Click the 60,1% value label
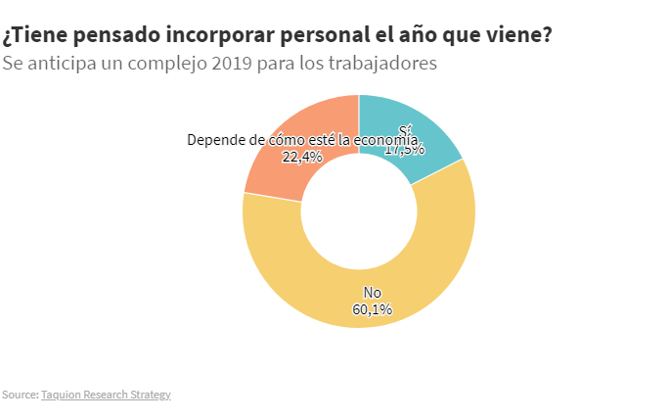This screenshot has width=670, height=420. pos(373,309)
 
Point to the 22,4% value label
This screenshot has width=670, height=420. pos(302,157)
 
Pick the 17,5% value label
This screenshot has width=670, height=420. pos(405,150)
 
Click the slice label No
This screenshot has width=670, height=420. pos(373,293)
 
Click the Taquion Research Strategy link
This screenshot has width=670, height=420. pos(106,395)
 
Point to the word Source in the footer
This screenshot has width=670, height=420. pos(19,395)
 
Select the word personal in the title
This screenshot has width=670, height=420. pos(323,36)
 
